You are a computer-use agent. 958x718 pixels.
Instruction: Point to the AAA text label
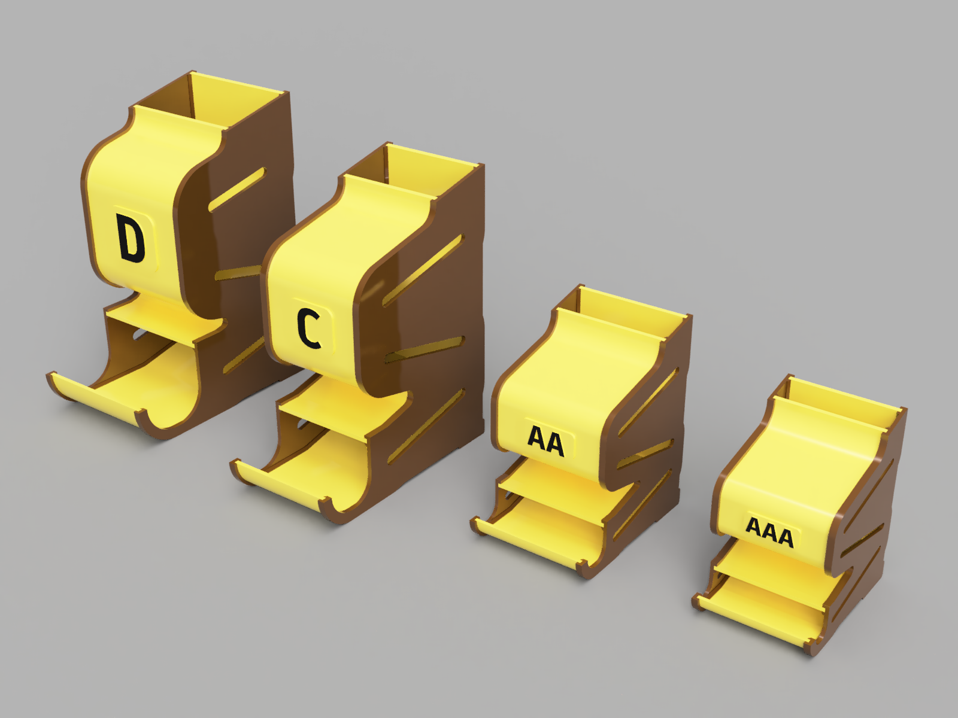tap(769, 532)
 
